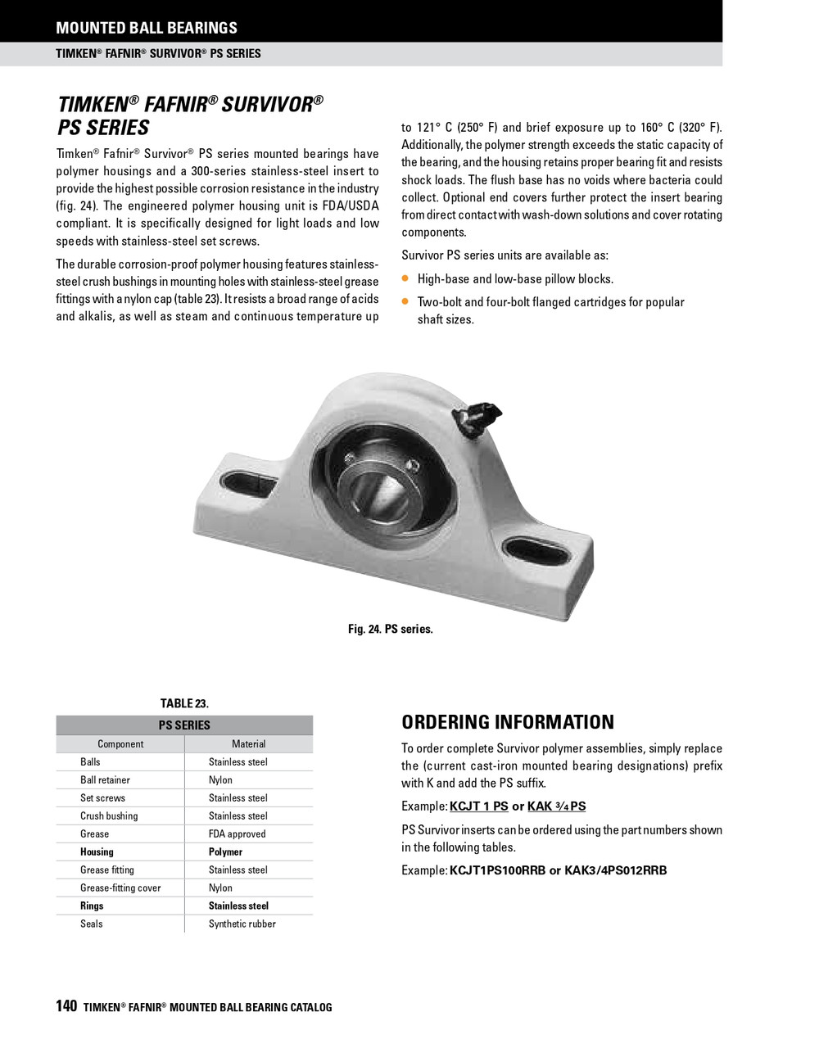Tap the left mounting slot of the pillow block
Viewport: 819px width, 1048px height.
(249, 482)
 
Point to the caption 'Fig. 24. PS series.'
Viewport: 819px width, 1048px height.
(390, 629)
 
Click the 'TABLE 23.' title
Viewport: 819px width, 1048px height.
(184, 703)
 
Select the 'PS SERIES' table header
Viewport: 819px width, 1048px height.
(184, 725)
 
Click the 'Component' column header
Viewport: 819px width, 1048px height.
(120, 744)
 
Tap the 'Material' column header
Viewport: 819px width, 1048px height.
(249, 744)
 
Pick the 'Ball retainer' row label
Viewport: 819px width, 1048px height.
(105, 780)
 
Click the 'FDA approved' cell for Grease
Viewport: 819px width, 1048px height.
(238, 834)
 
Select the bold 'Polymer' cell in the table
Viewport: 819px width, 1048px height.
(225, 852)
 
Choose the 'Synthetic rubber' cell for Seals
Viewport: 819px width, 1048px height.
(242, 924)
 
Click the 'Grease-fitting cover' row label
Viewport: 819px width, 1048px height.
(120, 888)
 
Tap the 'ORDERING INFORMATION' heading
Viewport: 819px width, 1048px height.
(508, 722)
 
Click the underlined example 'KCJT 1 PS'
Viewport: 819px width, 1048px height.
(479, 806)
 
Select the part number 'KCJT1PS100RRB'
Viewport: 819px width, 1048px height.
(497, 870)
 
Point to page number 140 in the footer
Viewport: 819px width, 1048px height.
(66, 1006)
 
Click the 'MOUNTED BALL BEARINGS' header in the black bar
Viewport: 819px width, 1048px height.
(147, 28)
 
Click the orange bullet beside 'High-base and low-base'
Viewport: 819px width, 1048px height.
(405, 278)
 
